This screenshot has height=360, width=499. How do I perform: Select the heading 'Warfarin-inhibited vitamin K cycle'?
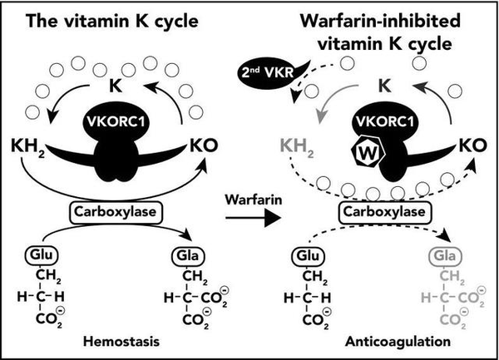[x=379, y=29]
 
